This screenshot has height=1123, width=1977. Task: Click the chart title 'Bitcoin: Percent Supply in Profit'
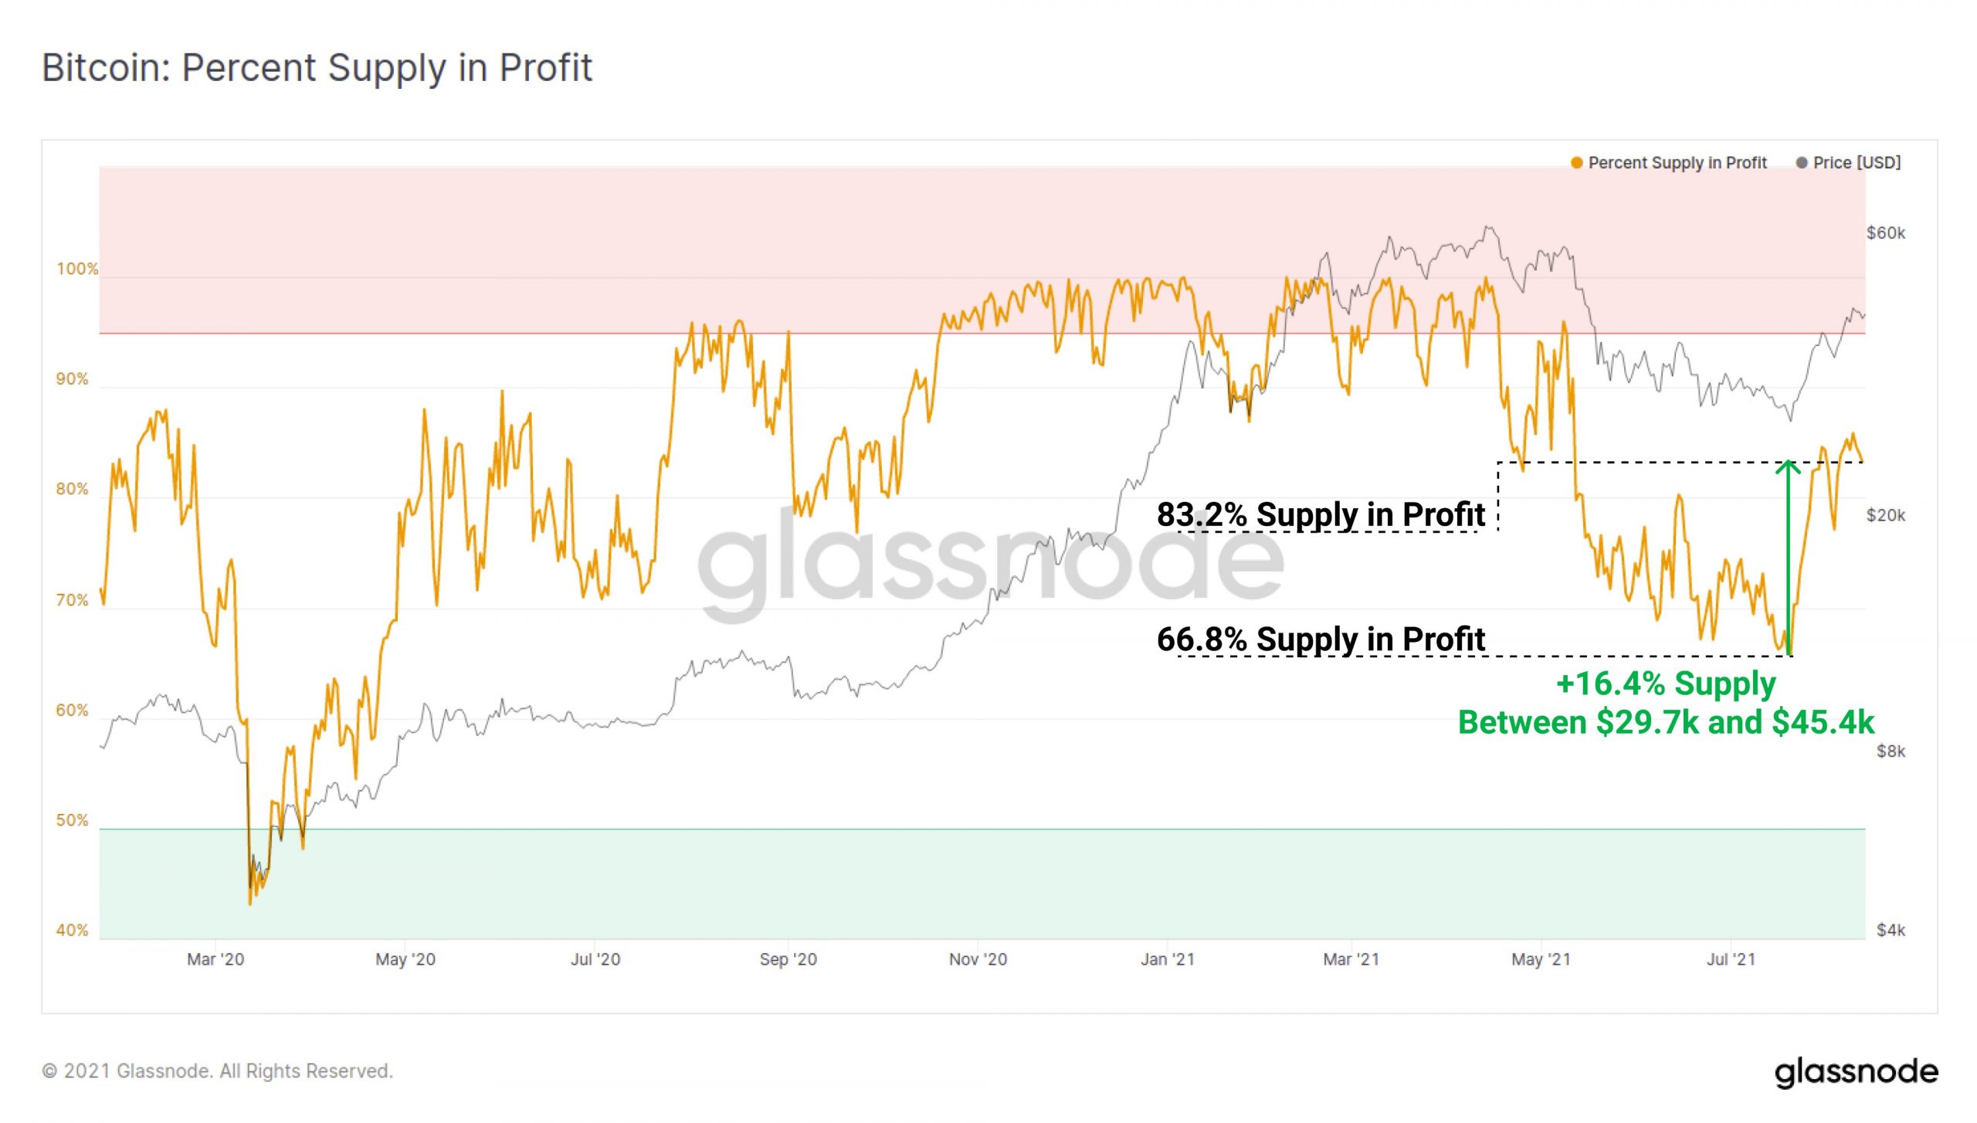pos(317,68)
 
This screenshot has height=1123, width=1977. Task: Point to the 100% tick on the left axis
pos(77,269)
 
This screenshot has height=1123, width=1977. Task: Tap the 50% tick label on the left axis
pos(73,820)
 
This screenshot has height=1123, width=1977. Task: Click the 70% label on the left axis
pos(73,600)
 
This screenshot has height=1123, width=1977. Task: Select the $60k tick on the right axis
pos(1885,232)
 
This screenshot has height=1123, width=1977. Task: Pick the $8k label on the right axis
pos(1891,751)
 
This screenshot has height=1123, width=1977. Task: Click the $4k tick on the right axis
pos(1891,930)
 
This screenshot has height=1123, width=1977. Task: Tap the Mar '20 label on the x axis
pos(215,959)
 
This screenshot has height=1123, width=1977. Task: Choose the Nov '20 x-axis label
pos(978,959)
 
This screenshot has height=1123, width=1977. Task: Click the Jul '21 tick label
pos(1731,959)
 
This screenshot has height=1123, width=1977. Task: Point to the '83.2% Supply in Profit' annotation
pos(1321,514)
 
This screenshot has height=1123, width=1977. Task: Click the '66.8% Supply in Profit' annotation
pos(1321,640)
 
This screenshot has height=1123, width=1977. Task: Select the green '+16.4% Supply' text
pos(1666,684)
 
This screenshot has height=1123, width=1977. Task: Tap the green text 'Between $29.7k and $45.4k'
pos(1666,723)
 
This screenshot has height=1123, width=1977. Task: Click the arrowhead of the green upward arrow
pos(1788,466)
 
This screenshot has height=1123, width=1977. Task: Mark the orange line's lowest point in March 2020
pos(250,904)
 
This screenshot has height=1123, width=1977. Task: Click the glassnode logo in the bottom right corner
pos(1856,1073)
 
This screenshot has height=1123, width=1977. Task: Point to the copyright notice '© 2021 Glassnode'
pos(217,1071)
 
